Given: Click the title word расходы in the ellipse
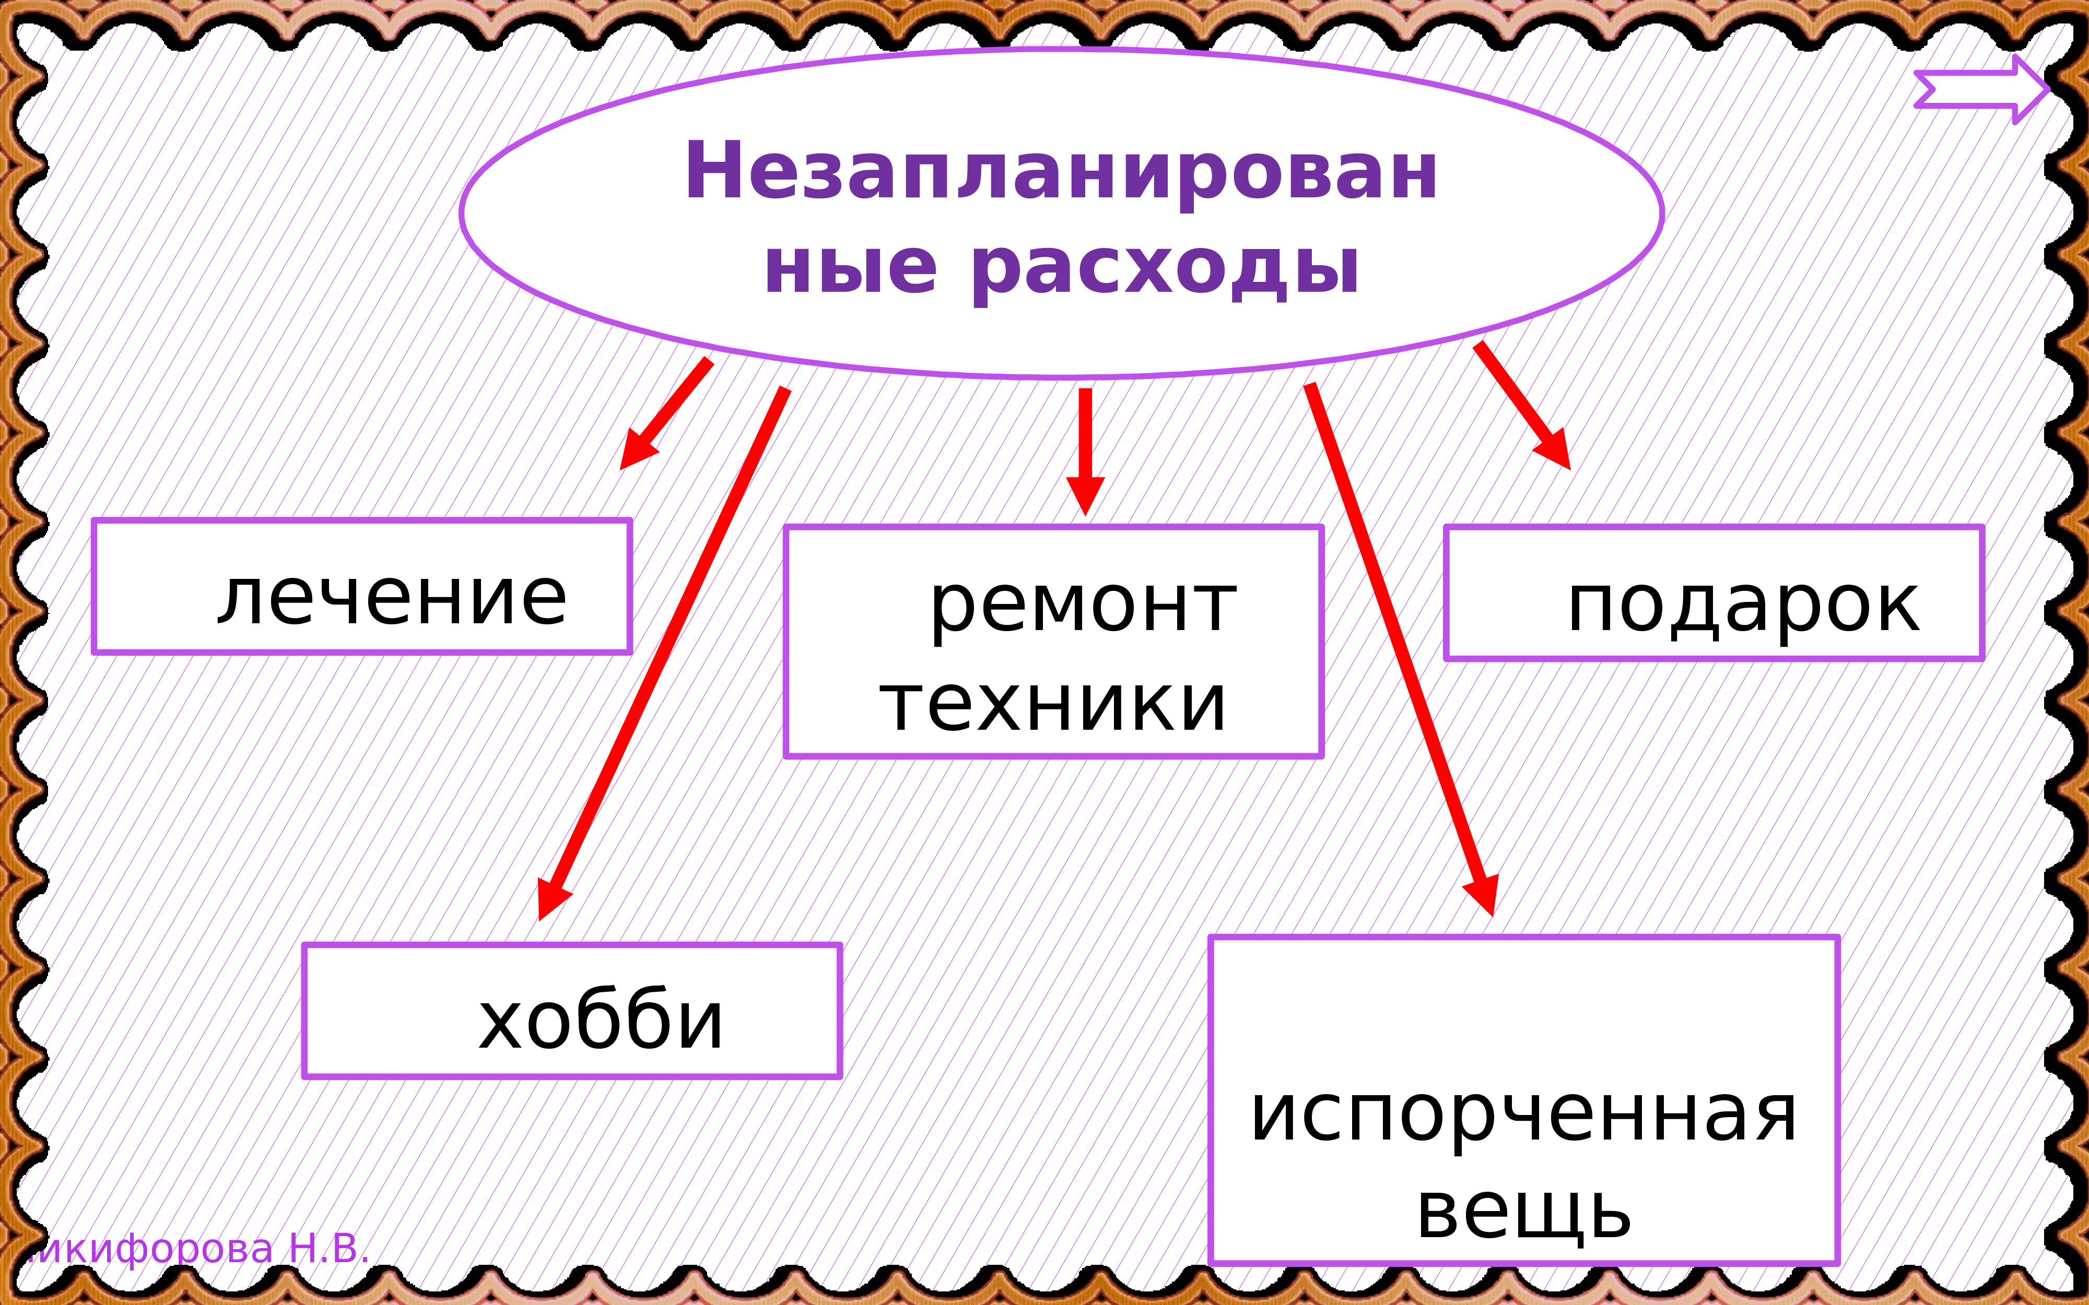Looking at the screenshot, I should [x=1165, y=269].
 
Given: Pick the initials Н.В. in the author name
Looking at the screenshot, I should [x=328, y=1249].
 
